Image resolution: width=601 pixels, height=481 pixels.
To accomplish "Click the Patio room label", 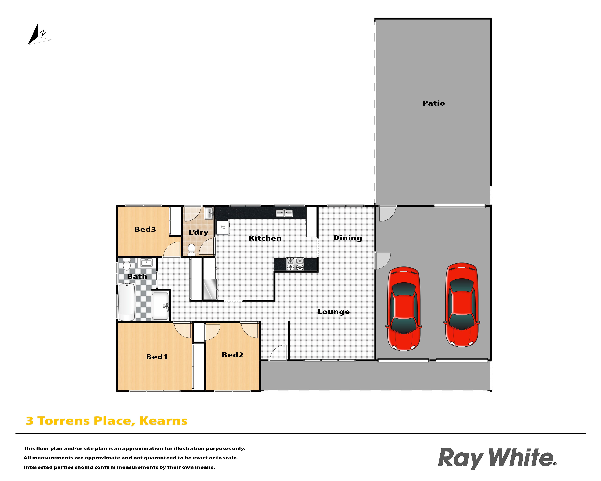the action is [434, 103].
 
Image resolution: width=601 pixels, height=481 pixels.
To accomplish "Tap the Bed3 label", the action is [145, 229].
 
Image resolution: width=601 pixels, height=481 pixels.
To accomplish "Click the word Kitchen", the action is [265, 238].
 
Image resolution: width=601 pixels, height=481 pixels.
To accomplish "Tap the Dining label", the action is [348, 238].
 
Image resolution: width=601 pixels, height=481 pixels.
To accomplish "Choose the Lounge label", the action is [334, 312].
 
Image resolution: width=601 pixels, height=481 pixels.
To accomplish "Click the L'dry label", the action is [199, 232].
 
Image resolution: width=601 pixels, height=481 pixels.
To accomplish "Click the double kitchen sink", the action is [284, 213].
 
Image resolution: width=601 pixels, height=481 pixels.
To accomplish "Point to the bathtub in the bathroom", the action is [127, 302].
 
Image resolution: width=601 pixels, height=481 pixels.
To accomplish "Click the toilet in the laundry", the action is [191, 250].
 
